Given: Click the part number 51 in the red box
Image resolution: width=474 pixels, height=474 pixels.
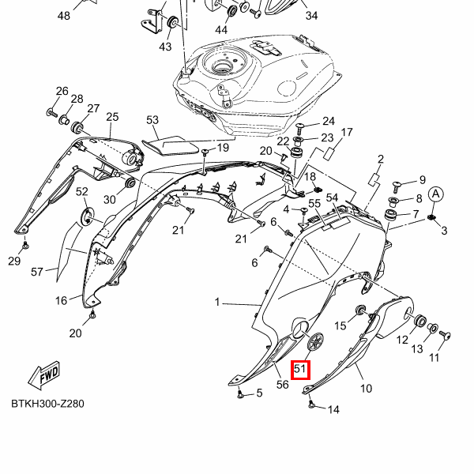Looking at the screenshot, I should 300,369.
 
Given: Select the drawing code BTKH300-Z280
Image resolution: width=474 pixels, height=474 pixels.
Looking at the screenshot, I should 47,404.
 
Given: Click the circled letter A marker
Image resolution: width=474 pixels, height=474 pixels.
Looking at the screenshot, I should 435,194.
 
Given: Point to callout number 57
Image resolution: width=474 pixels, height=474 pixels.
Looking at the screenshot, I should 37,273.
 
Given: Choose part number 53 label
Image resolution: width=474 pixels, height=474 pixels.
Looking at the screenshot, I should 152,120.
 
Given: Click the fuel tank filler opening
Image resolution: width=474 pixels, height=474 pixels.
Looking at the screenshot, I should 219,67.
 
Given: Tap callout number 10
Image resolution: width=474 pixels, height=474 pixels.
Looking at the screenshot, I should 366,389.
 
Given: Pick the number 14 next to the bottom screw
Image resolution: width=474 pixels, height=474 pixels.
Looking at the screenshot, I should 333,409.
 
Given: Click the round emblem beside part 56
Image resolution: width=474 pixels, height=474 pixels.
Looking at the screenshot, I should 315,341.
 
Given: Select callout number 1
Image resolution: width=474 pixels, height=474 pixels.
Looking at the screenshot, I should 219,303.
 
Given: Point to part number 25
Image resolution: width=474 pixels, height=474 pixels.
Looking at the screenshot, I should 112,117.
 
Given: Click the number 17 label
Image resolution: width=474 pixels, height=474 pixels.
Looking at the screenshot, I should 346,132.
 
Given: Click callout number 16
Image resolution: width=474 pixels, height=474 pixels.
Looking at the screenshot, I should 62,300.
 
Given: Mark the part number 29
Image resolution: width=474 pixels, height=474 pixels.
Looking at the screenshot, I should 14,261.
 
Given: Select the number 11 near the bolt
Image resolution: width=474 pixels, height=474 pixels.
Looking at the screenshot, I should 434,358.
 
